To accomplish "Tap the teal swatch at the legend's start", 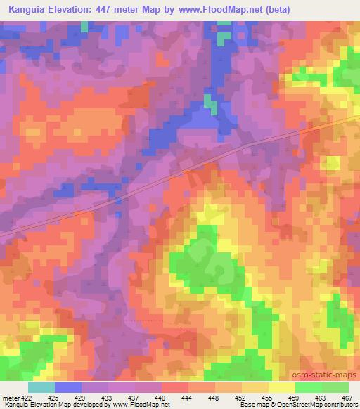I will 41,387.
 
